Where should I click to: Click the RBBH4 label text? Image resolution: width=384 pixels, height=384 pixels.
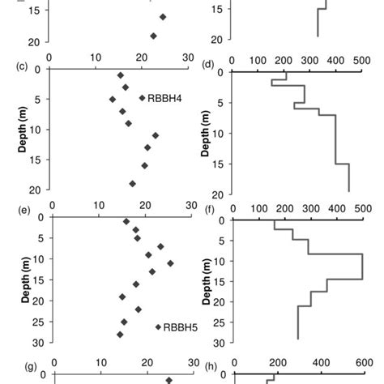166,98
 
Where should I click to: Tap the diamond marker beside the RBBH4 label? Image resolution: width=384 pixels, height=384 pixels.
142,98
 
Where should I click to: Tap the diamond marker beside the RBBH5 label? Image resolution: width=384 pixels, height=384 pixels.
158,327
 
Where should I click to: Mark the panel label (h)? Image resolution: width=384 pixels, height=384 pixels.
208,366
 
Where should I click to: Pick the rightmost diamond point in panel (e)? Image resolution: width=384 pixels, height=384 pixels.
170,263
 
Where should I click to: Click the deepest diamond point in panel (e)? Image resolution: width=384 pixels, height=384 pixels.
120,334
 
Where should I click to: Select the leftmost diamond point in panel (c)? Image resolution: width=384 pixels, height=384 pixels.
113,99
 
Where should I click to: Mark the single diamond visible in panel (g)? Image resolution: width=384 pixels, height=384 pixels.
169,380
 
